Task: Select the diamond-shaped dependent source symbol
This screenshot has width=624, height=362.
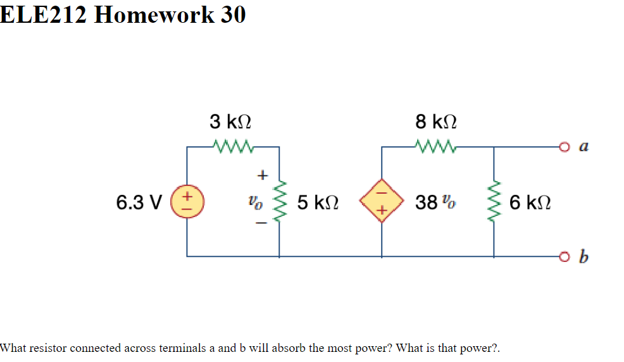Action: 382,203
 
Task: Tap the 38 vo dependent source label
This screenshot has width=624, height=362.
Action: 435,203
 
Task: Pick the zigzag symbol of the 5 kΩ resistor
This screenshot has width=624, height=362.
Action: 280,203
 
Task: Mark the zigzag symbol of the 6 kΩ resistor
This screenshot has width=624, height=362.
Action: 494,203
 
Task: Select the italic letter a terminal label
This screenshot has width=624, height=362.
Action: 583,147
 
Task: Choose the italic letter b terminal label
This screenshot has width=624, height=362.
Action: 583,257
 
